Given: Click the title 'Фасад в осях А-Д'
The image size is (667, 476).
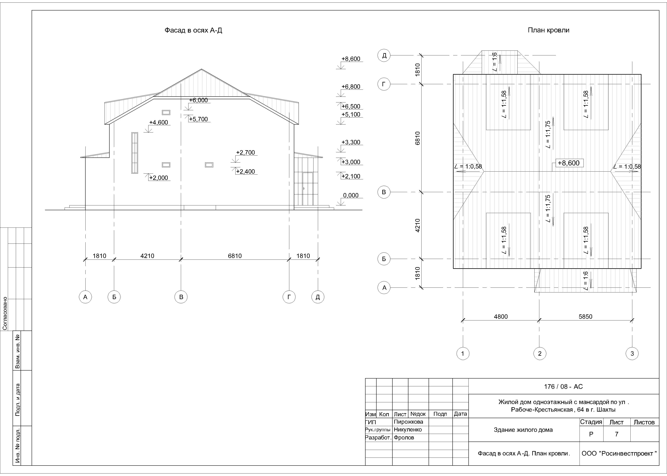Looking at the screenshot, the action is click(x=193, y=30).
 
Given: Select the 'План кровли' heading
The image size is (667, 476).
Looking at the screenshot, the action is click(x=548, y=30).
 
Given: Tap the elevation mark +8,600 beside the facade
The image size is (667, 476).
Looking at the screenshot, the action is click(x=351, y=59).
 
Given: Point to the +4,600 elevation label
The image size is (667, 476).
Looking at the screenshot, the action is click(x=159, y=122).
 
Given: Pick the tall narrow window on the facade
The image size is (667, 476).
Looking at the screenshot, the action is click(x=135, y=153).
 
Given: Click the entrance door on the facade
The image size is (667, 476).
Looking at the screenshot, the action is click(x=307, y=189).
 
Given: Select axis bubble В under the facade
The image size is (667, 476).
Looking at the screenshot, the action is click(x=181, y=297).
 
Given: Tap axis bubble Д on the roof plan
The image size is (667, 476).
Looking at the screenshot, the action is click(x=384, y=55).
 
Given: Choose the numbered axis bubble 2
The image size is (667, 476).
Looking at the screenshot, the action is click(x=540, y=354).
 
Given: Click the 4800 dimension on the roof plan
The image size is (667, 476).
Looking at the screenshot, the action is click(x=501, y=317).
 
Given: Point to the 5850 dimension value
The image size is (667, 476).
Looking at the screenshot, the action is click(x=585, y=317).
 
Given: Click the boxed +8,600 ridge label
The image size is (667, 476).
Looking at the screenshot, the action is click(x=568, y=163).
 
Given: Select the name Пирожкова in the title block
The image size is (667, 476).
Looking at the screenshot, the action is click(x=408, y=422).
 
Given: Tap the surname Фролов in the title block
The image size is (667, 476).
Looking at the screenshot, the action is click(x=404, y=438).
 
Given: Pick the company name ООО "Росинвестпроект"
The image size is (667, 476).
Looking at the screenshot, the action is click(x=619, y=453).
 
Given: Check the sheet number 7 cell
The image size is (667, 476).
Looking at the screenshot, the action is click(x=616, y=434).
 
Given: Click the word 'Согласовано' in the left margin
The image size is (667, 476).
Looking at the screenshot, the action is click(x=5, y=313).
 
